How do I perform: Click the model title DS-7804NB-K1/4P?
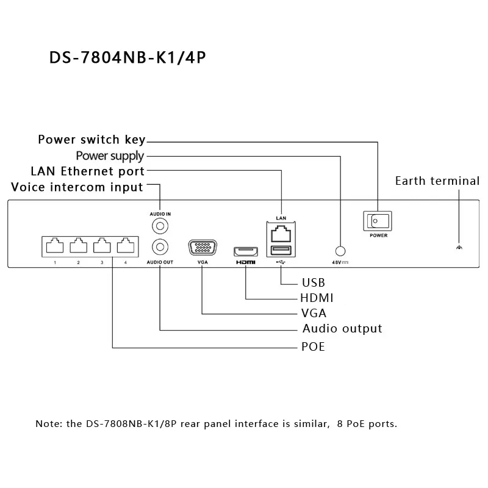click(x=127, y=57)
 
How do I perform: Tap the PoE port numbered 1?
click(x=55, y=246)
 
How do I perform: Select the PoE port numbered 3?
click(x=102, y=246)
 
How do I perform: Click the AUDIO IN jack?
click(x=160, y=226)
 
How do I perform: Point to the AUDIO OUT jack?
click(x=160, y=247)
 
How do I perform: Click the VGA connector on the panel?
click(x=203, y=248)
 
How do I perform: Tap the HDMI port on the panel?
click(x=246, y=251)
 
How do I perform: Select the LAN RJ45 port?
click(x=281, y=234)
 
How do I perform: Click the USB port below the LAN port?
click(x=281, y=250)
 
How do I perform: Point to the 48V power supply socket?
click(x=340, y=251)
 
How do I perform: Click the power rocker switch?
click(x=378, y=221)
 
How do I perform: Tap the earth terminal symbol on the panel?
click(x=459, y=248)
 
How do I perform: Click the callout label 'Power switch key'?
click(x=91, y=140)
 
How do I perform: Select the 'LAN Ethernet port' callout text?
click(x=87, y=171)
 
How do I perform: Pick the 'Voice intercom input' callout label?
click(x=77, y=187)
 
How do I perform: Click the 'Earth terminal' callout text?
click(x=437, y=181)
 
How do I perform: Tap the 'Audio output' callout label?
click(x=342, y=329)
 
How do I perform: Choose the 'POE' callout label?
click(x=313, y=346)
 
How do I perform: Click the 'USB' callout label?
click(x=314, y=282)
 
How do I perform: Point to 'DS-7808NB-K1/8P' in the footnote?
click(x=131, y=423)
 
